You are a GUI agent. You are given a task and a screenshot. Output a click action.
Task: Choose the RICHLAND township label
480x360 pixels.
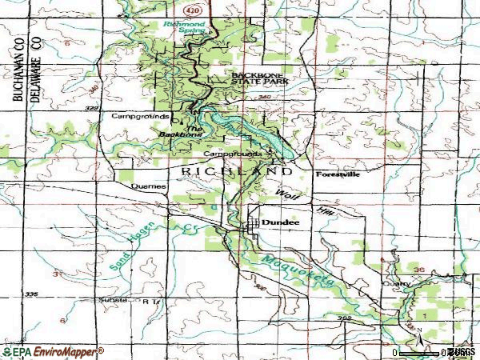point(236,171)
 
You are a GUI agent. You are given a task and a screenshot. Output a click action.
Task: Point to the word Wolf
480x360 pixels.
point(286,194)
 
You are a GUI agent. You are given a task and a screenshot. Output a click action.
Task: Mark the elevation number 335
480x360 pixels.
point(32,294)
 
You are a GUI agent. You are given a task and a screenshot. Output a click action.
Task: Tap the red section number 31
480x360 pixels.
point(57,274)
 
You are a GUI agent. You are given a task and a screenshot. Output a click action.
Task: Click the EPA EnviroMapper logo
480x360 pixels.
point(53,351)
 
